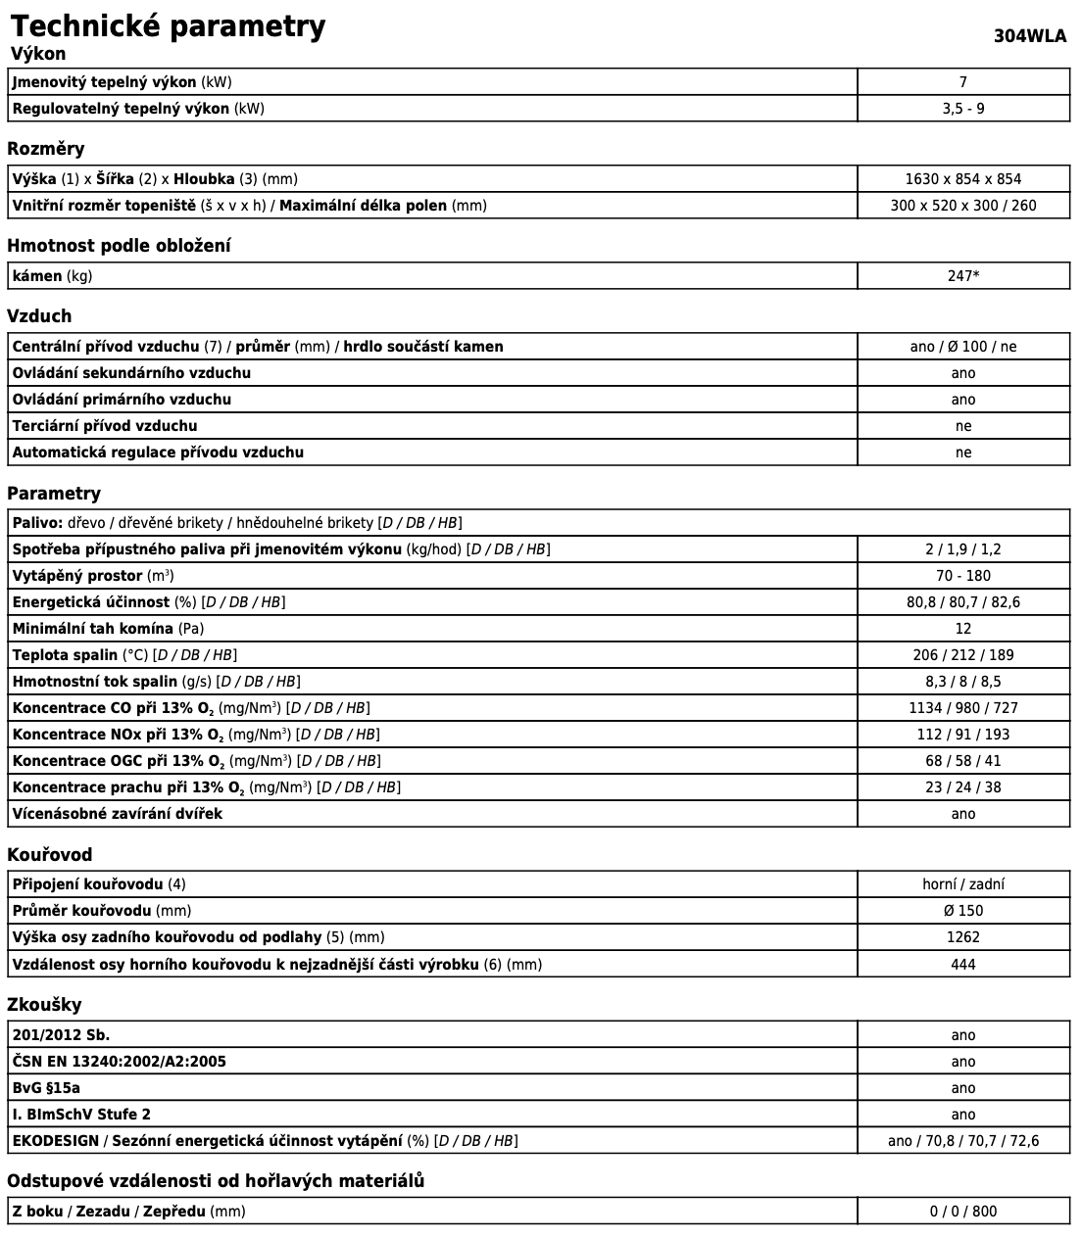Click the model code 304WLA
(1029, 36)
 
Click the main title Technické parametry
(168, 25)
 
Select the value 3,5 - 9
(962, 109)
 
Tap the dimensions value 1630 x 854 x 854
(962, 179)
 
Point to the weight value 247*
(962, 276)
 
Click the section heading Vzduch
(39, 316)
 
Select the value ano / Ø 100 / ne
(962, 347)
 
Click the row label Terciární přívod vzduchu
(105, 426)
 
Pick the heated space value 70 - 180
(962, 576)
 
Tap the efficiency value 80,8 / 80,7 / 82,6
(962, 602)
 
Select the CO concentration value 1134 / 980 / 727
(962, 708)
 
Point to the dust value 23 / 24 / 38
(962, 787)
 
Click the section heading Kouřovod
(49, 855)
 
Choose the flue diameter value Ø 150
(962, 911)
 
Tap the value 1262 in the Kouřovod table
(962, 937)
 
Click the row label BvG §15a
(46, 1088)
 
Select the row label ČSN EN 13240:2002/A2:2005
(120, 1062)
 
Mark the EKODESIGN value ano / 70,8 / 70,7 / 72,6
(962, 1141)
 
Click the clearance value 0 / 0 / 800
(962, 1212)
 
